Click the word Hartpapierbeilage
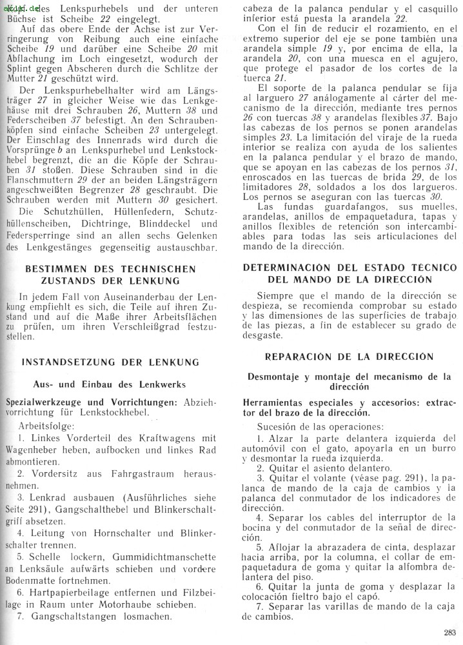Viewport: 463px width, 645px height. pos(71,591)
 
